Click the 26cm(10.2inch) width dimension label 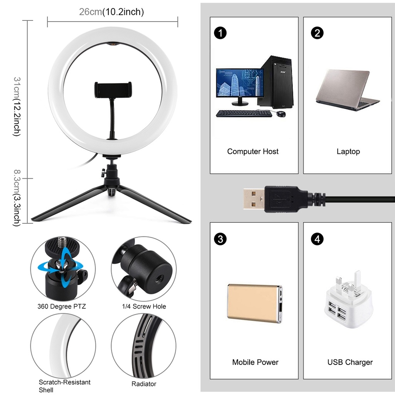pos(111,12)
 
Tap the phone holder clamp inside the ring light pos(113,89)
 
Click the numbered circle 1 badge pos(220,33)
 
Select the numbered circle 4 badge pos(317,239)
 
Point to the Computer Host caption pos(253,152)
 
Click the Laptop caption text pos(348,152)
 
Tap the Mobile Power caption pos(255,362)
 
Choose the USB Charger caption pos(350,362)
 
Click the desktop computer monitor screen pos(240,83)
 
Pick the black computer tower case pos(276,82)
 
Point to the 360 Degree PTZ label pos(62,307)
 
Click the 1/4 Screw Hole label pos(143,307)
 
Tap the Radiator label pos(143,384)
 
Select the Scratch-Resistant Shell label pos(64,386)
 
